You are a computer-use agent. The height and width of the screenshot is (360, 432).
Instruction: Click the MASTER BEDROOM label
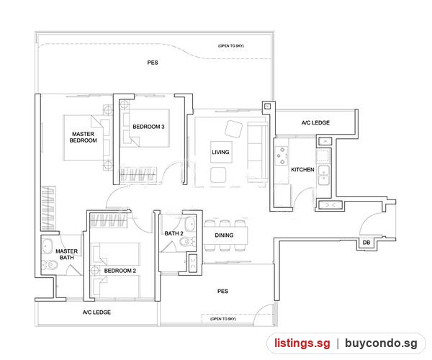tap(84, 138)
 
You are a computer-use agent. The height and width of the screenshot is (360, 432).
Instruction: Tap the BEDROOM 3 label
tap(148, 127)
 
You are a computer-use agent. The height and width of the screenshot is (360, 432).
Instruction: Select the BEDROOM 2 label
tap(120, 271)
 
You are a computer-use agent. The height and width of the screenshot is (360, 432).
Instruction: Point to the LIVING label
tap(220, 152)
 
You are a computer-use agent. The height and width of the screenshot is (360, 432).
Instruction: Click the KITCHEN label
tap(302, 170)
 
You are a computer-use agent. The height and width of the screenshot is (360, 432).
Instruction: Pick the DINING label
tap(224, 235)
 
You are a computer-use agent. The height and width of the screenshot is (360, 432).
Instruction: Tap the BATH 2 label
tap(174, 233)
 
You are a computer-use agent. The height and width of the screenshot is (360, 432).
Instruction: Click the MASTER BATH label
tap(67, 254)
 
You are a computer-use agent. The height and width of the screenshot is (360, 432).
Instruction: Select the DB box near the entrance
tap(366, 243)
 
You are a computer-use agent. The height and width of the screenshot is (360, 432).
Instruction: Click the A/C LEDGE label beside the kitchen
tap(315, 123)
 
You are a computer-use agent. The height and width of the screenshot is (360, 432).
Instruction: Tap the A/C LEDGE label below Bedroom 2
tap(96, 312)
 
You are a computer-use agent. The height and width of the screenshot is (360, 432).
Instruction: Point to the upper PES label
tap(153, 63)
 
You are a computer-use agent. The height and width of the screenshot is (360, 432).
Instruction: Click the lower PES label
tap(222, 291)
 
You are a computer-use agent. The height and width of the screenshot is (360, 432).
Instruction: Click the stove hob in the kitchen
tap(282, 156)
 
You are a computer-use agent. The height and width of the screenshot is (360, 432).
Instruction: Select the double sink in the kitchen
tap(323, 175)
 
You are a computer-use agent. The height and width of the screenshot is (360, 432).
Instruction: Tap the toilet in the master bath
tap(50, 265)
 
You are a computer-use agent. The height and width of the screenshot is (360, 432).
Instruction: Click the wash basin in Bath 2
tap(190, 224)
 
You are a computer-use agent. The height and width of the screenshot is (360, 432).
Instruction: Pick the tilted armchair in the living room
tap(233, 129)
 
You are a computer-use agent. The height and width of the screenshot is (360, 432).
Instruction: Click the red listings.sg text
tap(302, 343)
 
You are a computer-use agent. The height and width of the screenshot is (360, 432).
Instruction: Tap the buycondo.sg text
tap(381, 343)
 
